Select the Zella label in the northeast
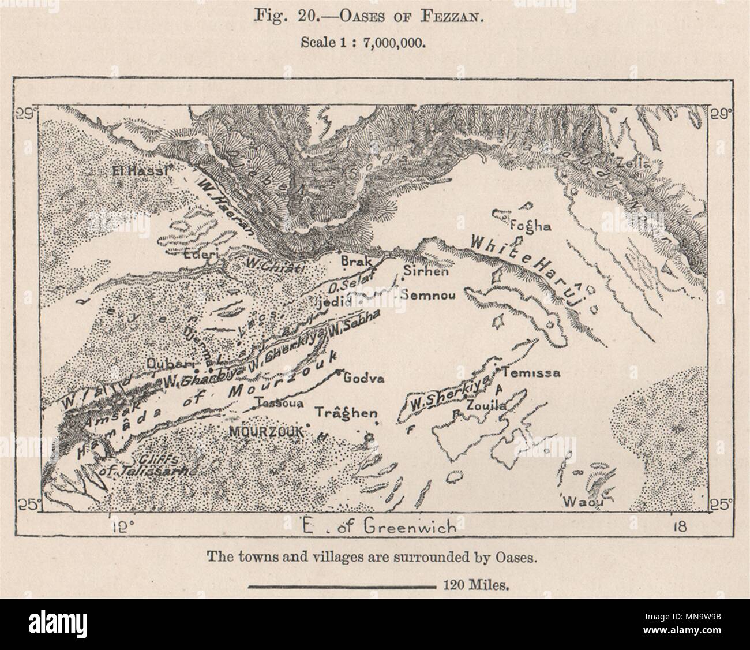click(633, 163)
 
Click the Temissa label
click(531, 373)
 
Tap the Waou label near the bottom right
click(584, 502)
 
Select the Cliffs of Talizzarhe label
click(147, 465)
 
